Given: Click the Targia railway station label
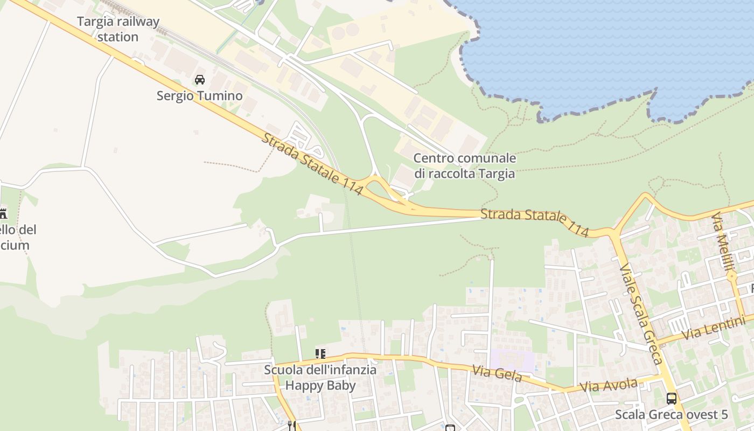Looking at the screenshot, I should pos(118,29).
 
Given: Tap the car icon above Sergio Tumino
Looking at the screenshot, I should pos(200,80).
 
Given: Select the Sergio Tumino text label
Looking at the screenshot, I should pos(199,96).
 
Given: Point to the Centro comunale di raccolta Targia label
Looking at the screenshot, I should pos(464,166).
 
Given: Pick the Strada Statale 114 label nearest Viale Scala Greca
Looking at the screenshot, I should pos(534,221).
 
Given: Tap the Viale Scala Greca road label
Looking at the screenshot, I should pos(641,314).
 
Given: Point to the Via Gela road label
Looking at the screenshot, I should pos(497,373).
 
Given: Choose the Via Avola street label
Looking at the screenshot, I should pos(609,386).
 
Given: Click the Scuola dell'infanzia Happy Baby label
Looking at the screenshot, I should pos(320,378).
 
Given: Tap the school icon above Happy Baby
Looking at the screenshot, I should pos(320,354).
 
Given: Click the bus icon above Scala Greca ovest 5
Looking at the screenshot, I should pos(672,399).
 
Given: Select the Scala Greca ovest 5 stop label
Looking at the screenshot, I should pos(672,414).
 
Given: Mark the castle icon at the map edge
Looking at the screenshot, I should pos(3,213).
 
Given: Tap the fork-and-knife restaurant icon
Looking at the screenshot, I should pos(291,426).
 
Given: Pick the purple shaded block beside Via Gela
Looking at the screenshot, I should pos(511,359).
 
